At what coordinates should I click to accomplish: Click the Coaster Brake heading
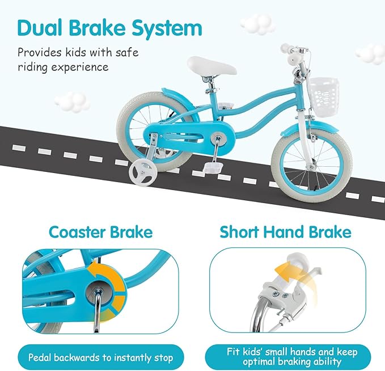(100, 231)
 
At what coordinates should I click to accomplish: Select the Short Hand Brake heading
(285, 231)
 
